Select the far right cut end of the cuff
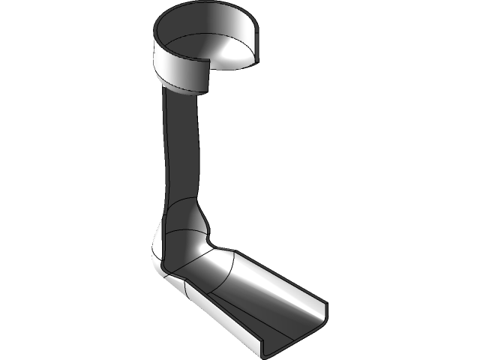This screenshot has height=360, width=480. coord(259,45)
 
